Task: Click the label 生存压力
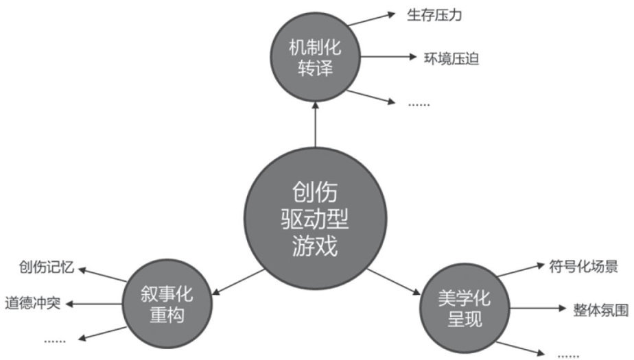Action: coord(434,15)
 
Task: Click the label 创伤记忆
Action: coord(45,266)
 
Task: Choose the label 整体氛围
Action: coord(600,310)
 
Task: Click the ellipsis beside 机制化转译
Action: coord(418,104)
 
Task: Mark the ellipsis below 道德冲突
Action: coord(55,339)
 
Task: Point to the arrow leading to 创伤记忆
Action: coord(103,274)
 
